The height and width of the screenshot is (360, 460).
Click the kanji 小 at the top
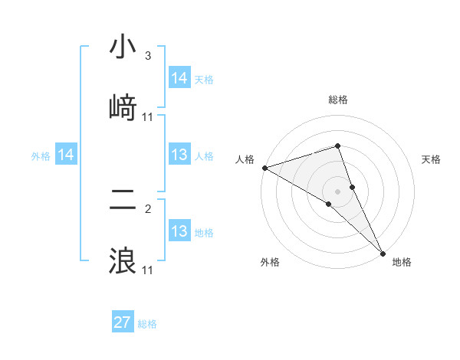click(123, 47)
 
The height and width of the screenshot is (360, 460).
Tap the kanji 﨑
click(123, 107)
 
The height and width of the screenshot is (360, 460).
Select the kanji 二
click(123, 201)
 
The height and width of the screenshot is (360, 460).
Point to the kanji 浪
click(123, 260)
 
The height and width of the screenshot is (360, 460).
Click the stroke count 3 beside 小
click(148, 56)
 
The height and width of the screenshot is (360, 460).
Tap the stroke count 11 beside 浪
click(148, 270)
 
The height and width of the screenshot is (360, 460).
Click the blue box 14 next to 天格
click(179, 78)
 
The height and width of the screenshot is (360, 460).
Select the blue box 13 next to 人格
click(179, 155)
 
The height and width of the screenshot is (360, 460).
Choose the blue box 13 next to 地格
click(179, 231)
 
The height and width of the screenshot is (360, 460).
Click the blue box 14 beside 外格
click(66, 155)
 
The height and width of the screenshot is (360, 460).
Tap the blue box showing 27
click(123, 322)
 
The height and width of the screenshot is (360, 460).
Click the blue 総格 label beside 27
click(147, 324)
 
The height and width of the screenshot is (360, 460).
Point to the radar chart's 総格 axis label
click(338, 100)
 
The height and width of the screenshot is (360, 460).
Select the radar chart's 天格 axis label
click(432, 160)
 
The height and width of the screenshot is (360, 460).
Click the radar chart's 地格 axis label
click(402, 263)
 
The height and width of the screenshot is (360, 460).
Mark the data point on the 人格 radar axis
click(264, 167)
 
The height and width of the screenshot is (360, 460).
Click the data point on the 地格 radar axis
click(383, 252)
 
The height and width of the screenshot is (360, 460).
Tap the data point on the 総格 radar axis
click(338, 146)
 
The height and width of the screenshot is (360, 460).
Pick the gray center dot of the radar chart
click(338, 191)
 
